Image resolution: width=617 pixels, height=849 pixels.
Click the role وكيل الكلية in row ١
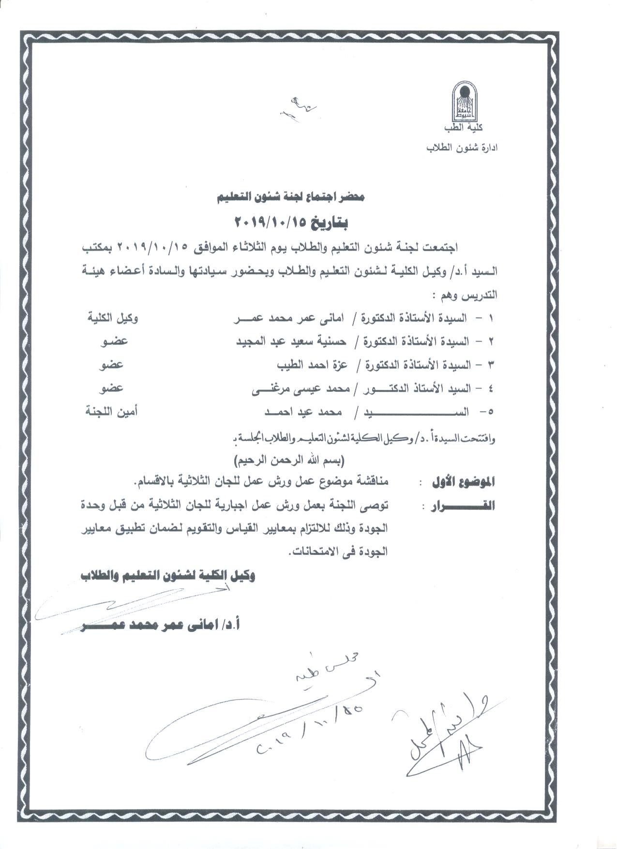coord(112,319)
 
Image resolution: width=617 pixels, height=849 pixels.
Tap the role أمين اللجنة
coord(111,412)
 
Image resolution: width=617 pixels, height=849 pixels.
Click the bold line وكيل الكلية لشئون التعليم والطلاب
coord(168,576)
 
